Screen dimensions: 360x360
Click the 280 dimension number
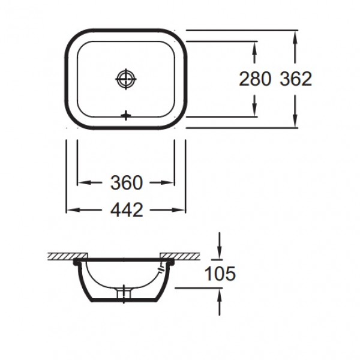point(255,79)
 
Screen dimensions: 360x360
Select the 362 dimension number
point(296,79)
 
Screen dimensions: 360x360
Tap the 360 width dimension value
point(125,182)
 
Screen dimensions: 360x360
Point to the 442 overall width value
point(125,209)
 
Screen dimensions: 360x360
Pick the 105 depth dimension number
point(220,274)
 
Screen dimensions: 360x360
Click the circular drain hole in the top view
point(126,79)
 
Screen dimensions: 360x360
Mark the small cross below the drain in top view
point(126,115)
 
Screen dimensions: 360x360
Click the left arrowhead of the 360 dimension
point(83,182)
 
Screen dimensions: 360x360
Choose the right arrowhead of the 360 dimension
point(169,182)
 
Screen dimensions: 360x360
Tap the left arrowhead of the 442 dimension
point(71,209)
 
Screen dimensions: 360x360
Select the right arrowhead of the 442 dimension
point(180,209)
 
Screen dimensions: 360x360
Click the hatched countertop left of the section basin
point(60,257)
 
